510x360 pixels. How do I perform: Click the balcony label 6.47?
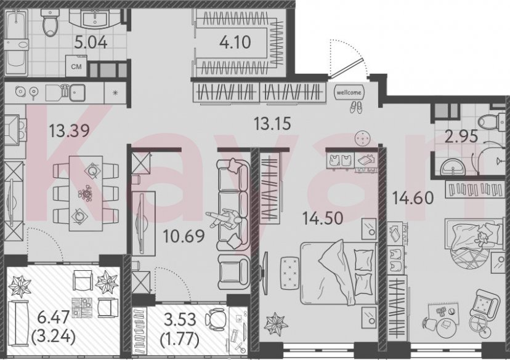click(x=45, y=318)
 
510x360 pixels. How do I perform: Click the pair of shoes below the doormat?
click(x=356, y=106)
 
